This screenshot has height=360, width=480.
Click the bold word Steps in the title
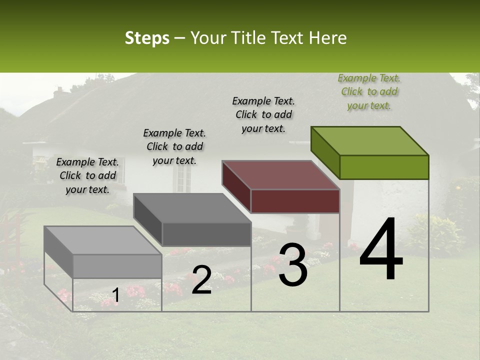(147, 38)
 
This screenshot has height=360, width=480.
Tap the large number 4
(381, 249)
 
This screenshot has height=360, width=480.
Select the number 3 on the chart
(293, 265)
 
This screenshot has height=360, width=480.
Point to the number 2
(201, 280)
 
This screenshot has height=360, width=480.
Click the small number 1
(115, 295)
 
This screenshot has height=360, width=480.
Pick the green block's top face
(369, 140)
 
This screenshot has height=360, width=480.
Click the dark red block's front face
(295, 201)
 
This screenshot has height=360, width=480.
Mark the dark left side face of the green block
(325, 152)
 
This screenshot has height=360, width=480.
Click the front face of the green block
(384, 167)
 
